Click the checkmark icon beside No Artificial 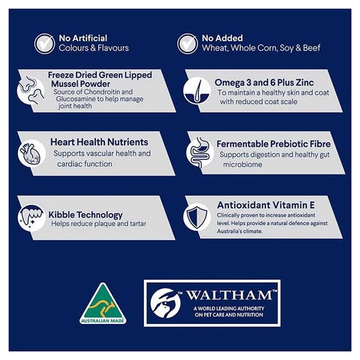pyautogui.click(x=44, y=43)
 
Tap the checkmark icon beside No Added pyautogui.click(x=187, y=43)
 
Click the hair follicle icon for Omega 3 pyautogui.click(x=197, y=91)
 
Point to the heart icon pyautogui.click(x=31, y=153)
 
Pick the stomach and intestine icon pyautogui.click(x=199, y=152)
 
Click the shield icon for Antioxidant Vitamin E pyautogui.click(x=197, y=217)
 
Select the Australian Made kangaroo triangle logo pyautogui.click(x=103, y=304)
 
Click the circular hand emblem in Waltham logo pyautogui.click(x=166, y=303)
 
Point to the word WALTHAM pyautogui.click(x=229, y=295)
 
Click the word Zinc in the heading pyautogui.click(x=304, y=82)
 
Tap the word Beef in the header pyautogui.click(x=312, y=48)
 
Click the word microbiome pyautogui.click(x=242, y=164)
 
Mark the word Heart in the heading pyautogui.click(x=62, y=142)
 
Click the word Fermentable pyautogui.click(x=242, y=144)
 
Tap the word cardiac pyautogui.click(x=70, y=164)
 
